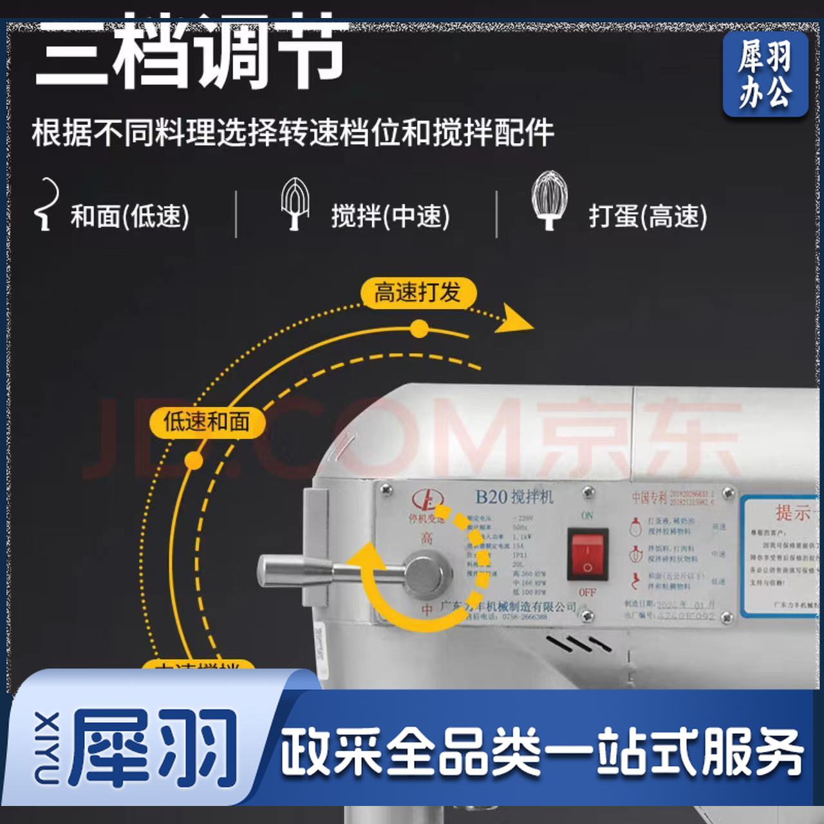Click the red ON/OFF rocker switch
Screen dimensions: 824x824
tap(587, 554)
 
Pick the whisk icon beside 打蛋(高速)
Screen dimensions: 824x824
tap(548, 200)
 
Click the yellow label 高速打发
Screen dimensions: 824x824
tap(417, 293)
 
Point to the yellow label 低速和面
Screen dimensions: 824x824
tap(206, 422)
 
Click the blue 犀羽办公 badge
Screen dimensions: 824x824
tap(765, 74)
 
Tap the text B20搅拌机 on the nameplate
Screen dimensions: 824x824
tap(514, 496)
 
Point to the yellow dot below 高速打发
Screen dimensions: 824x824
tap(419, 330)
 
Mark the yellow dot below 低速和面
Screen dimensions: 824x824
tap(193, 460)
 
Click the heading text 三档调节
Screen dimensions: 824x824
tap(190, 51)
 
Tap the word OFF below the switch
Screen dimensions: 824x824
tap(586, 592)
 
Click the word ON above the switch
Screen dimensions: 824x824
tap(586, 516)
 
